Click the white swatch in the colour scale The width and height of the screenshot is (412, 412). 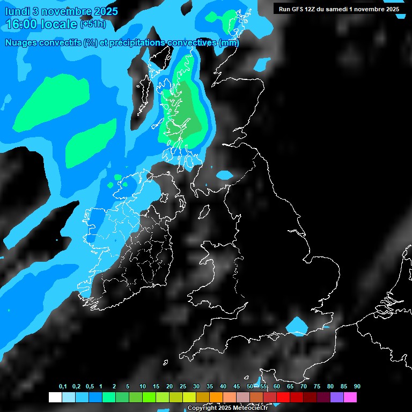tap(55, 398)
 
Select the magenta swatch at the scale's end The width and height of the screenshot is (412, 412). tap(350, 398)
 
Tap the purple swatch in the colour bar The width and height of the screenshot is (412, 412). tap(336, 398)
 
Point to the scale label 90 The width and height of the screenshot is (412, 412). tap(357, 387)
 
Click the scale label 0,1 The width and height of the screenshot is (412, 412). tap(62, 387)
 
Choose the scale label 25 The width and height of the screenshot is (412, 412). tap(183, 387)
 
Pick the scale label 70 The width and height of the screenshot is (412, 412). tap(304, 387)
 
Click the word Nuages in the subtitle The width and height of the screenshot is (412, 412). tap(21, 43)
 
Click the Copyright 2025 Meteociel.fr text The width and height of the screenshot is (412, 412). tap(227, 408)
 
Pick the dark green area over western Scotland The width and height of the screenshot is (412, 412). tap(185, 110)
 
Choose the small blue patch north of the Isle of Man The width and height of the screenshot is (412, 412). tap(224, 174)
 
